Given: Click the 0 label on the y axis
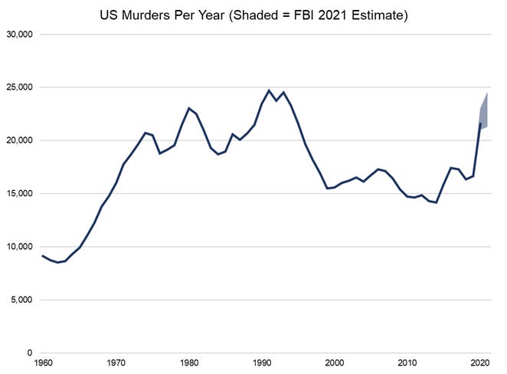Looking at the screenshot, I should point(28,353).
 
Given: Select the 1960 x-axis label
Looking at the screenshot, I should point(43,363).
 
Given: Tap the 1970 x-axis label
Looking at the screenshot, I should point(116,363).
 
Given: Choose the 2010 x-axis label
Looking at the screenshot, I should point(407,363).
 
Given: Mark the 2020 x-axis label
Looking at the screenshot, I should point(479,363).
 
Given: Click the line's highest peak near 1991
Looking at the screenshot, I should point(269,90).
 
